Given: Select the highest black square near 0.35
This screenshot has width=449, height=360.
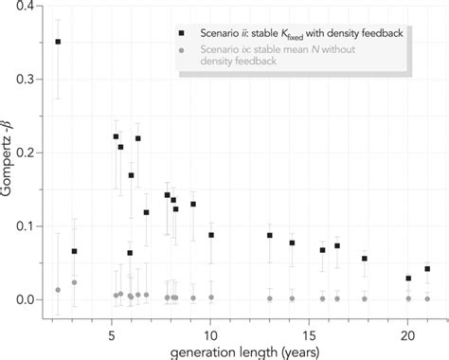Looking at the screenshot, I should click(58, 42).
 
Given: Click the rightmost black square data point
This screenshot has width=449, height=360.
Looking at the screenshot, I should click(427, 269).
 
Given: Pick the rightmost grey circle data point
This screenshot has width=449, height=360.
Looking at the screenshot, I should click(427, 298).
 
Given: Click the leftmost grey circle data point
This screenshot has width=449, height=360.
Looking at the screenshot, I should click(58, 290).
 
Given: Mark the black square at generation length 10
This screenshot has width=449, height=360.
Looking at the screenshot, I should click(211, 235).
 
